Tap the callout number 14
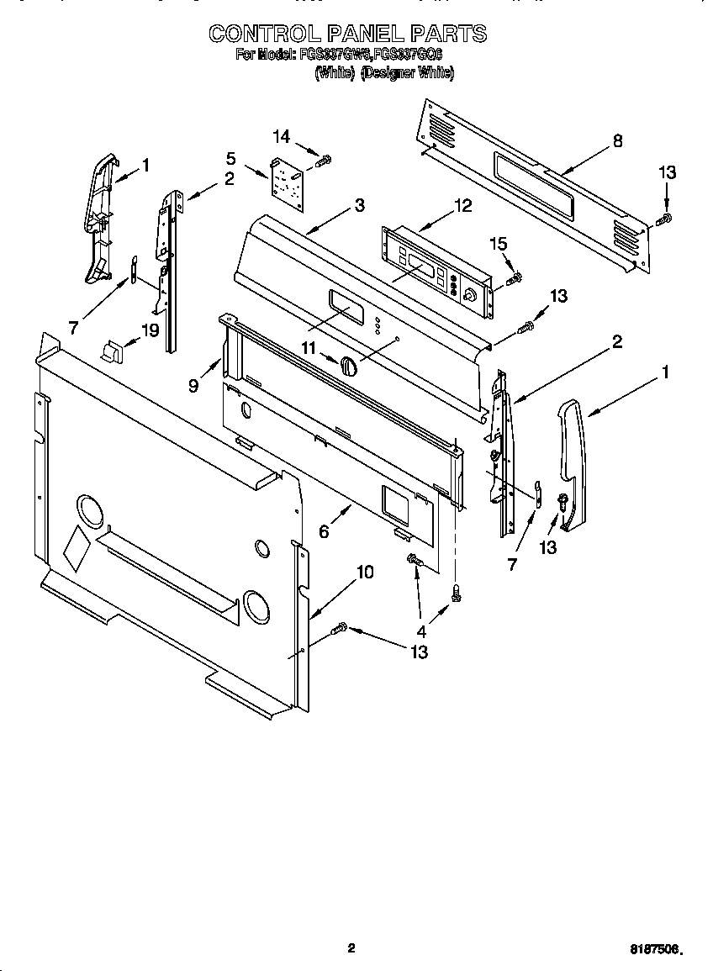pos(281,136)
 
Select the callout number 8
pos(618,141)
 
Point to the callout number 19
pos(150,330)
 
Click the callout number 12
pos(462,205)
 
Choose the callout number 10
pos(365,573)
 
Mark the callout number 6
pos(324,530)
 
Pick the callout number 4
pos(421,631)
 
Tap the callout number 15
pos(499,244)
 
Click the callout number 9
pos(193,386)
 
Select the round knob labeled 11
pos(349,367)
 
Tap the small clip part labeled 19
pos(111,351)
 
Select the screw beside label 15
pos(515,277)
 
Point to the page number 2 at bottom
pos(351,948)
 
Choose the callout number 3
pos(359,204)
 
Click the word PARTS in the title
pos(448,34)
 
